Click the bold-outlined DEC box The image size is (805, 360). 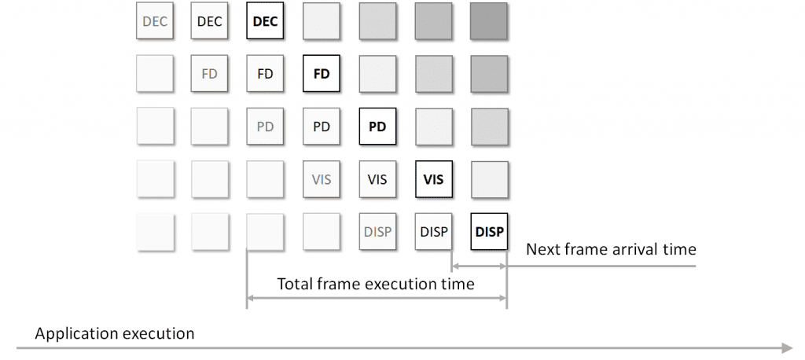[265, 21]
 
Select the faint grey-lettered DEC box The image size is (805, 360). [155, 21]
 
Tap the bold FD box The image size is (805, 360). [322, 73]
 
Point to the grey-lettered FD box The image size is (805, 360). [209, 73]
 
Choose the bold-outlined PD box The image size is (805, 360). [377, 127]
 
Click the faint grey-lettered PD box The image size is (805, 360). [265, 127]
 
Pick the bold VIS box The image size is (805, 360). [434, 179]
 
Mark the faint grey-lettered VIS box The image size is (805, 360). [322, 179]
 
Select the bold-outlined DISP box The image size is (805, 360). [489, 232]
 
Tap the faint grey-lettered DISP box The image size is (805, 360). [377, 232]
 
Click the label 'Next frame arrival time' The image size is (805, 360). [611, 250]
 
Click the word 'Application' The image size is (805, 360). [74, 334]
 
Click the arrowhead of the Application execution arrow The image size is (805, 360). [788, 348]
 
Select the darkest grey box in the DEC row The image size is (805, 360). [489, 21]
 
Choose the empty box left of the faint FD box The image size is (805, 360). [155, 73]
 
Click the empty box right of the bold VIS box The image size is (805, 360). [489, 179]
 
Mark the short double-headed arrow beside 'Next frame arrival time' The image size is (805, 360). [479, 266]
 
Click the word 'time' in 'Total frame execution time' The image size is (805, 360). [457, 284]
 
